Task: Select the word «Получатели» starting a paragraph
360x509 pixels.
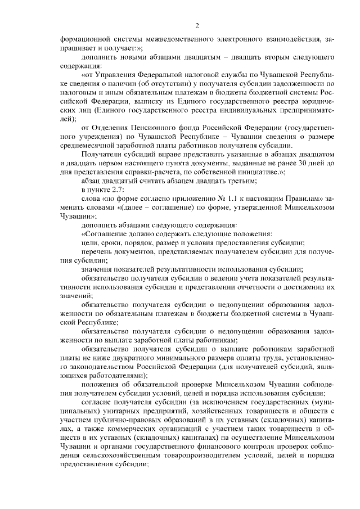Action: click(x=102, y=154)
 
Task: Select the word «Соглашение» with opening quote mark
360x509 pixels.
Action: click(x=105, y=233)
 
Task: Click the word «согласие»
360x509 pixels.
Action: click(x=98, y=402)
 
